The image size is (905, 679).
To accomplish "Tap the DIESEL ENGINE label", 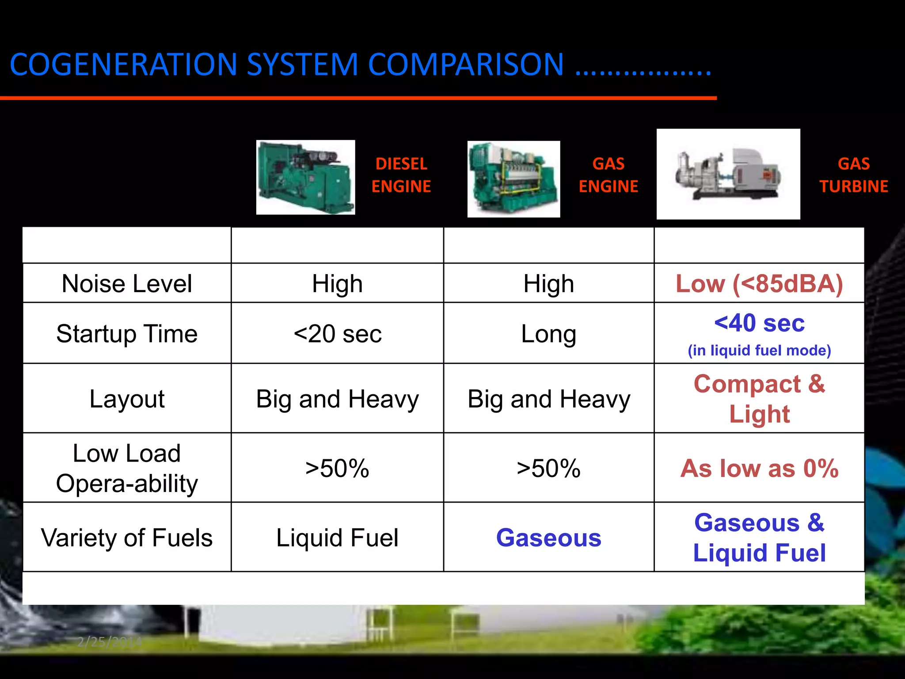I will (x=401, y=175).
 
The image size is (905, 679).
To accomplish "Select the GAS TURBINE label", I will (x=853, y=175).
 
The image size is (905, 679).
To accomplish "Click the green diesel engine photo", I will (x=305, y=177).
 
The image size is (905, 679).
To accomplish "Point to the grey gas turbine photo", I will (x=728, y=174).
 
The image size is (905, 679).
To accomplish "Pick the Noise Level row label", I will (x=127, y=283).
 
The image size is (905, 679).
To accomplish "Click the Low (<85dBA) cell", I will (x=759, y=283).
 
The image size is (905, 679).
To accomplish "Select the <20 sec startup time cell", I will (x=337, y=334).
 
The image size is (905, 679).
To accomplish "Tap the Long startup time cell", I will (x=548, y=334).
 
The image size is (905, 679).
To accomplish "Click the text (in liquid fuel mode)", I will (x=759, y=351).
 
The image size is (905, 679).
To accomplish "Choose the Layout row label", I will (x=127, y=399).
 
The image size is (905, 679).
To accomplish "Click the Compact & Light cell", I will (x=759, y=399).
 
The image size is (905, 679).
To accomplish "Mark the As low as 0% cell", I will (x=759, y=469).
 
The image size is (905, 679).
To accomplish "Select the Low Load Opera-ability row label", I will (x=127, y=469).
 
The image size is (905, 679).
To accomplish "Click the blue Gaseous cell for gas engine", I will (x=548, y=538).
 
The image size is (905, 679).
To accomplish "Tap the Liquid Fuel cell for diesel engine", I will (x=337, y=538).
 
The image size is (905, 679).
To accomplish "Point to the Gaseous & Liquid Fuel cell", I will (x=759, y=538).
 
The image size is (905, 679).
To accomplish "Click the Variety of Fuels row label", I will (x=127, y=538).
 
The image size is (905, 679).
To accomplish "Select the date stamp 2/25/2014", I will (x=109, y=641).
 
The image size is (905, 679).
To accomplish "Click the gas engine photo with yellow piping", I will (x=513, y=179).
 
